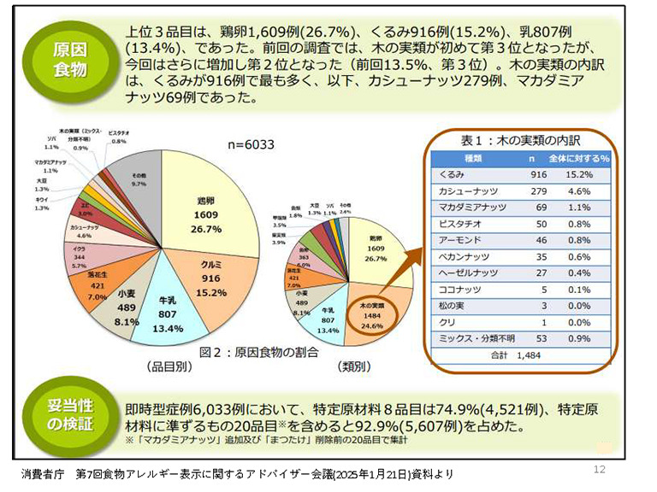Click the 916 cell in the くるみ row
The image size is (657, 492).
coord(536,174)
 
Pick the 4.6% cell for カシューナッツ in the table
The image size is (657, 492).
coord(582,190)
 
